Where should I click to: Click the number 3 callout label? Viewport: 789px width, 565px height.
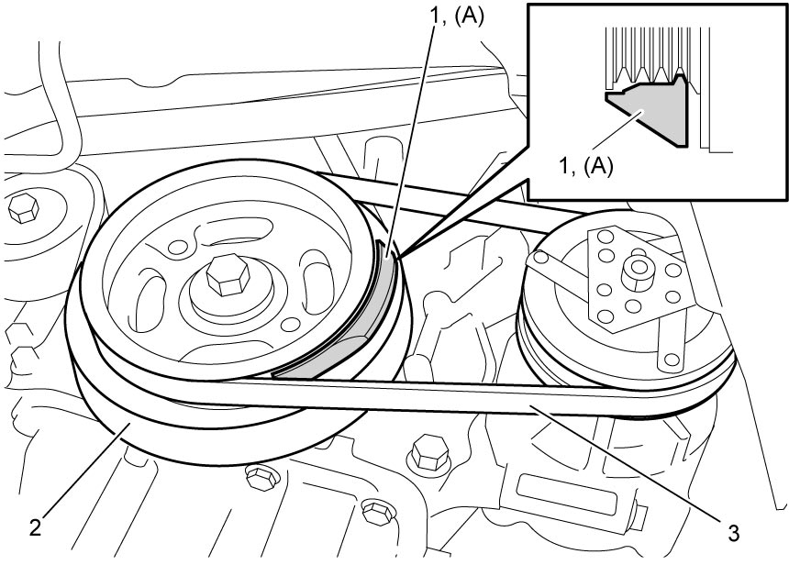734,532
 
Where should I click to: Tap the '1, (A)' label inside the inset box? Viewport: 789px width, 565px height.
586,165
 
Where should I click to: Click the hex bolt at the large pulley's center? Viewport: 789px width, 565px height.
228,274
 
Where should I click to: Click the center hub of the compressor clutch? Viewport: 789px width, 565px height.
638,272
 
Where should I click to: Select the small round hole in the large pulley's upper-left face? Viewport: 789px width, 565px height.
177,247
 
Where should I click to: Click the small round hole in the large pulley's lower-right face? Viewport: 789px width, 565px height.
290,325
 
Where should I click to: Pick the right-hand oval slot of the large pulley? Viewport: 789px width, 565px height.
317,283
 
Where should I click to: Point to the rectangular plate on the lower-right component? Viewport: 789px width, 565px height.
565,494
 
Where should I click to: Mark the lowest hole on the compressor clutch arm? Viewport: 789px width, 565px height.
671,360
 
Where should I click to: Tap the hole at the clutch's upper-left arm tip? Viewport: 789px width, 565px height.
541,258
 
